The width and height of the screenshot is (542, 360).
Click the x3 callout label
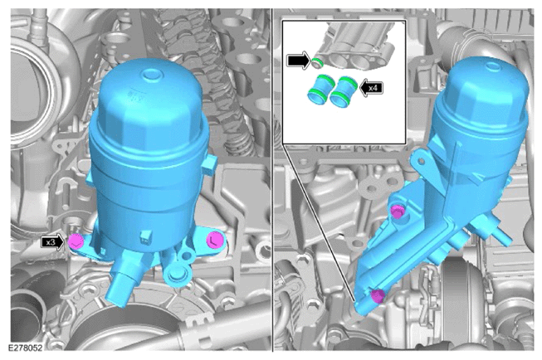tap(51, 242)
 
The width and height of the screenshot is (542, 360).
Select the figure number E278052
tap(25, 348)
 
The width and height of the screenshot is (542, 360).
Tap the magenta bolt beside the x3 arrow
tap(75, 241)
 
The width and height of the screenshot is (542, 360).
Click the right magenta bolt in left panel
tap(214, 240)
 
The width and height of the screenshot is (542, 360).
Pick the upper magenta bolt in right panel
tap(398, 212)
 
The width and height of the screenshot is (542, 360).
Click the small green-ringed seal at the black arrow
tap(316, 63)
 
